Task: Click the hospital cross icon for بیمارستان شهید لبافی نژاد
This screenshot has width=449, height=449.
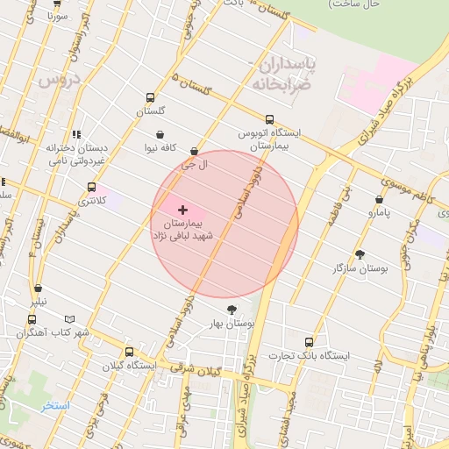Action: click(x=182, y=210)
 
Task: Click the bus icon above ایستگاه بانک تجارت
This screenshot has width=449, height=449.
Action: click(x=308, y=342)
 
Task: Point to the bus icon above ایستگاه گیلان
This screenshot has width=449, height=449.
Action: click(x=129, y=352)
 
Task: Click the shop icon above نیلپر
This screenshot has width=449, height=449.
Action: click(x=38, y=289)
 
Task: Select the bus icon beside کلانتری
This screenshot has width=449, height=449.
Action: click(x=91, y=187)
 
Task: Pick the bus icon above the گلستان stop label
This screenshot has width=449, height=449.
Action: click(x=150, y=98)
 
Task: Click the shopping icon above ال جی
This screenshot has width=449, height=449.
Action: click(x=194, y=152)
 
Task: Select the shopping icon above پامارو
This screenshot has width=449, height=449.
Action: click(x=379, y=199)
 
